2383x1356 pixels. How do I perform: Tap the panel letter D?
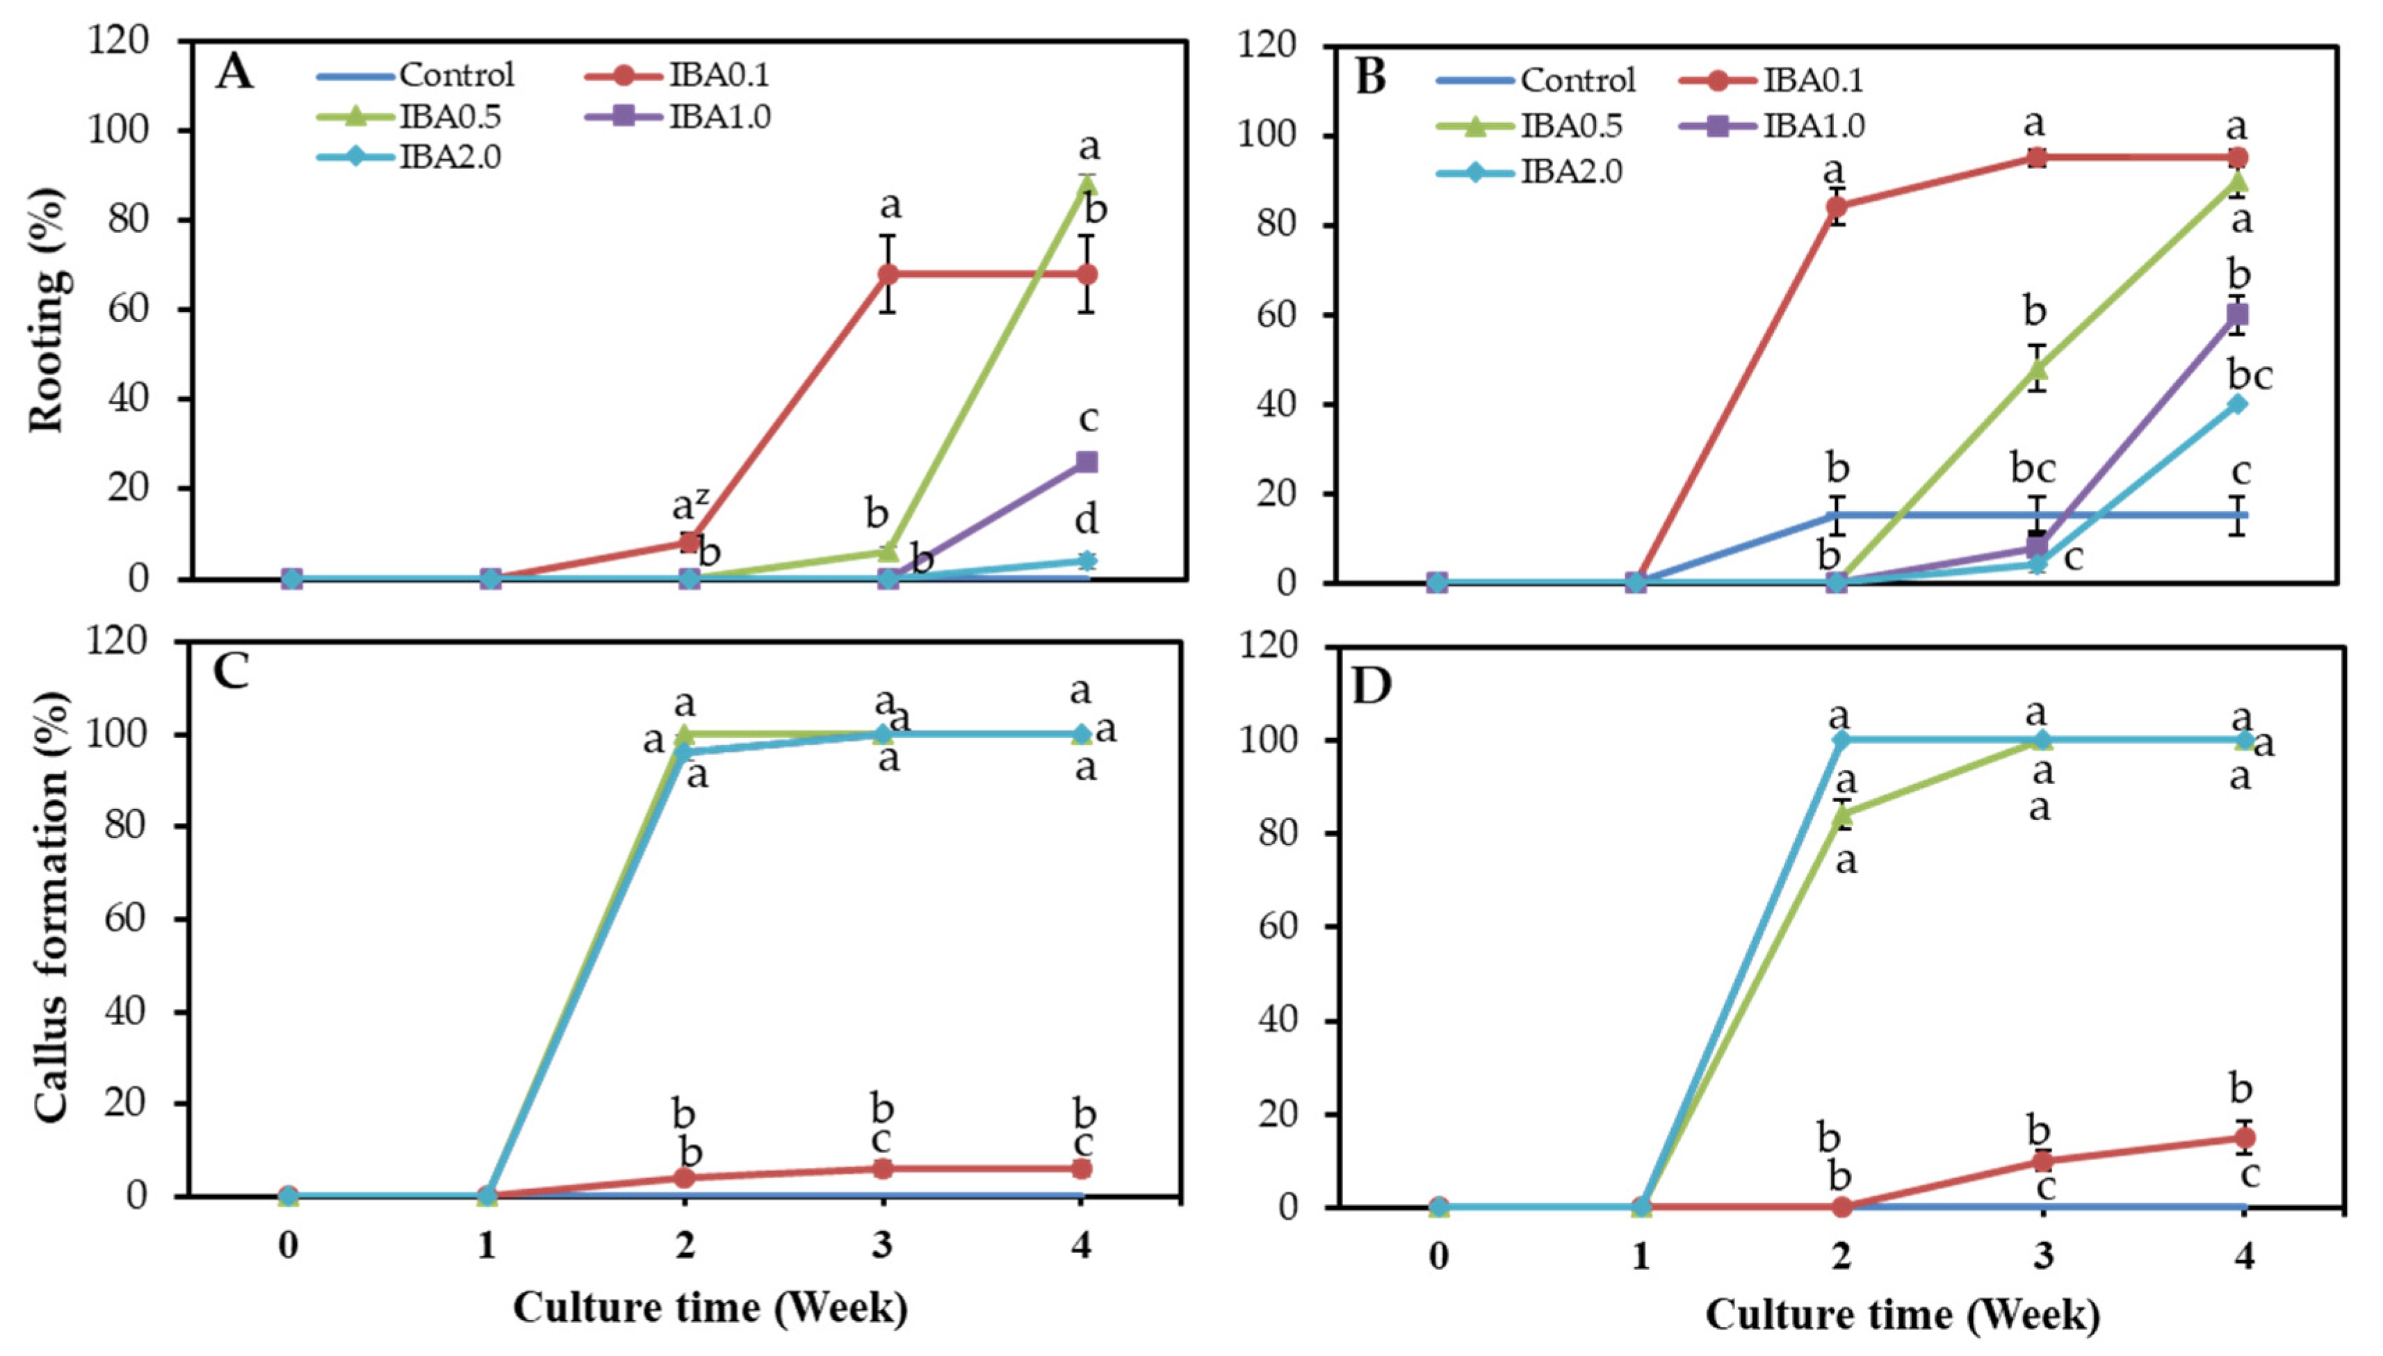pos(1372,687)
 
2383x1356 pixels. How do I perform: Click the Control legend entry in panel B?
pos(1536,80)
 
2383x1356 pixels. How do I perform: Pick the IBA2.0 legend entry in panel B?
pos(1529,172)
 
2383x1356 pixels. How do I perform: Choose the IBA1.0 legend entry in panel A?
pos(679,116)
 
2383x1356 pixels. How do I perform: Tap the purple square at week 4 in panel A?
pos(1086,462)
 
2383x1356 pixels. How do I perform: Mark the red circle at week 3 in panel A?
pos(888,274)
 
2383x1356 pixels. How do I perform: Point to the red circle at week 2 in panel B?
pos(1837,206)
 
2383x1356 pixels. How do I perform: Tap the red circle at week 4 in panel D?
pos(2244,1137)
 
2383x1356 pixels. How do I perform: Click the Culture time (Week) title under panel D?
pos(1903,1315)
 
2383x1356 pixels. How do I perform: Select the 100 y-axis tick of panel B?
pos(1269,136)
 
